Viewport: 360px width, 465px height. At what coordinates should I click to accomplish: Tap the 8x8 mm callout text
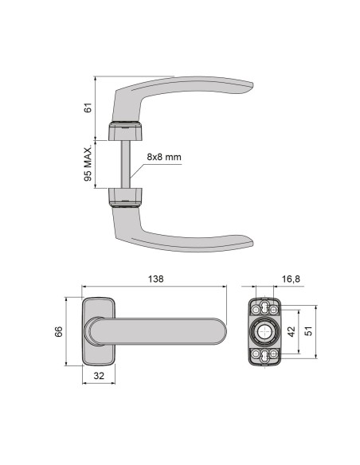(163, 157)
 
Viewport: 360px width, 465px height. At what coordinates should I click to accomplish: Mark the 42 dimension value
(291, 332)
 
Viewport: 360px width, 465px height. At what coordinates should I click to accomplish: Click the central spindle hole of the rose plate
(264, 332)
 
